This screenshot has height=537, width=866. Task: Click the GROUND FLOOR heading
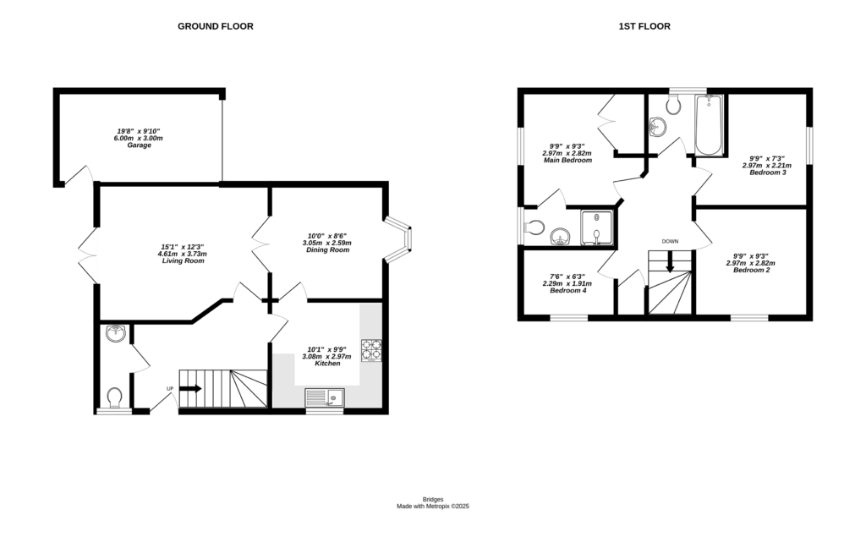click(215, 26)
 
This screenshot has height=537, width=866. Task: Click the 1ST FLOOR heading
click(644, 26)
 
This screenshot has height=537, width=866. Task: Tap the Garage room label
click(139, 145)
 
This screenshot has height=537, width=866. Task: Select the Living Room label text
click(183, 261)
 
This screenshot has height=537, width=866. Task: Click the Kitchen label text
click(327, 364)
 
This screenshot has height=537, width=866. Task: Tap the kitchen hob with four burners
click(371, 350)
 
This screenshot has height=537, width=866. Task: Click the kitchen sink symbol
click(324, 397)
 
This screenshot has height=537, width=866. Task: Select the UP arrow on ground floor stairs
click(190, 389)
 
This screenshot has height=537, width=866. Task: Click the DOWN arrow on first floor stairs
click(670, 263)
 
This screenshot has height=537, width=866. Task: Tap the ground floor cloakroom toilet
click(115, 396)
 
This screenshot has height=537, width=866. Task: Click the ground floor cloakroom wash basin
click(116, 335)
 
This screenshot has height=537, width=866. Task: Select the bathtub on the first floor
click(709, 126)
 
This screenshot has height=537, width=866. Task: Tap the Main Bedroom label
click(566, 161)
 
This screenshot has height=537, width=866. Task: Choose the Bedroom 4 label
click(567, 291)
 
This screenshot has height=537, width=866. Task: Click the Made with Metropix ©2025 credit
click(433, 507)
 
